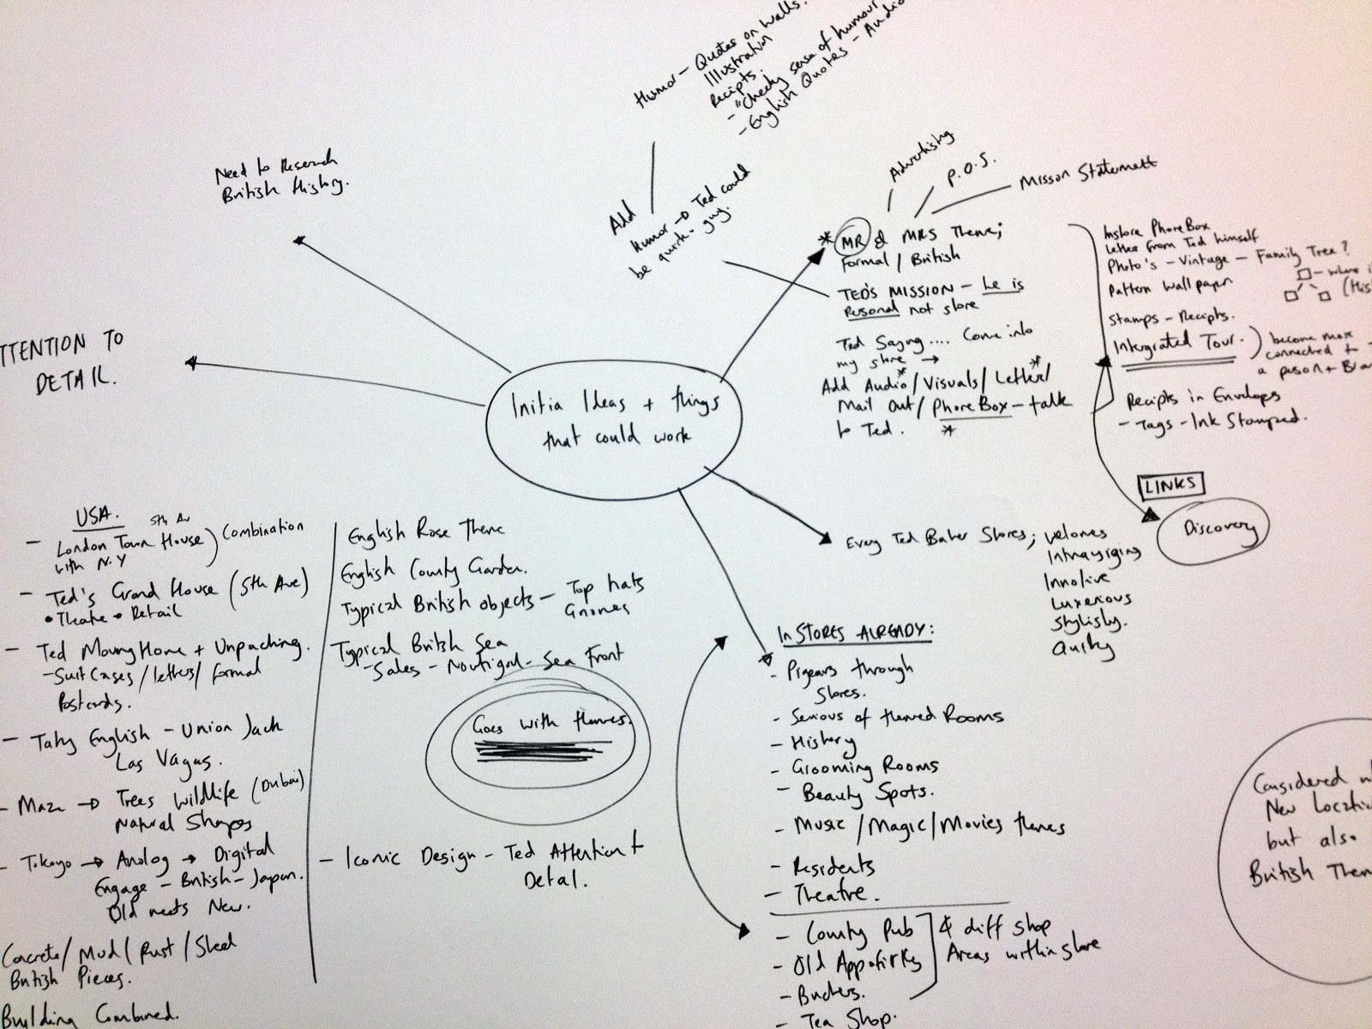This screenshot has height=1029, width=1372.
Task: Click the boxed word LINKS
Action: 1169,484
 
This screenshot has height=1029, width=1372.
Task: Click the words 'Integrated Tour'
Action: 1180,343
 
